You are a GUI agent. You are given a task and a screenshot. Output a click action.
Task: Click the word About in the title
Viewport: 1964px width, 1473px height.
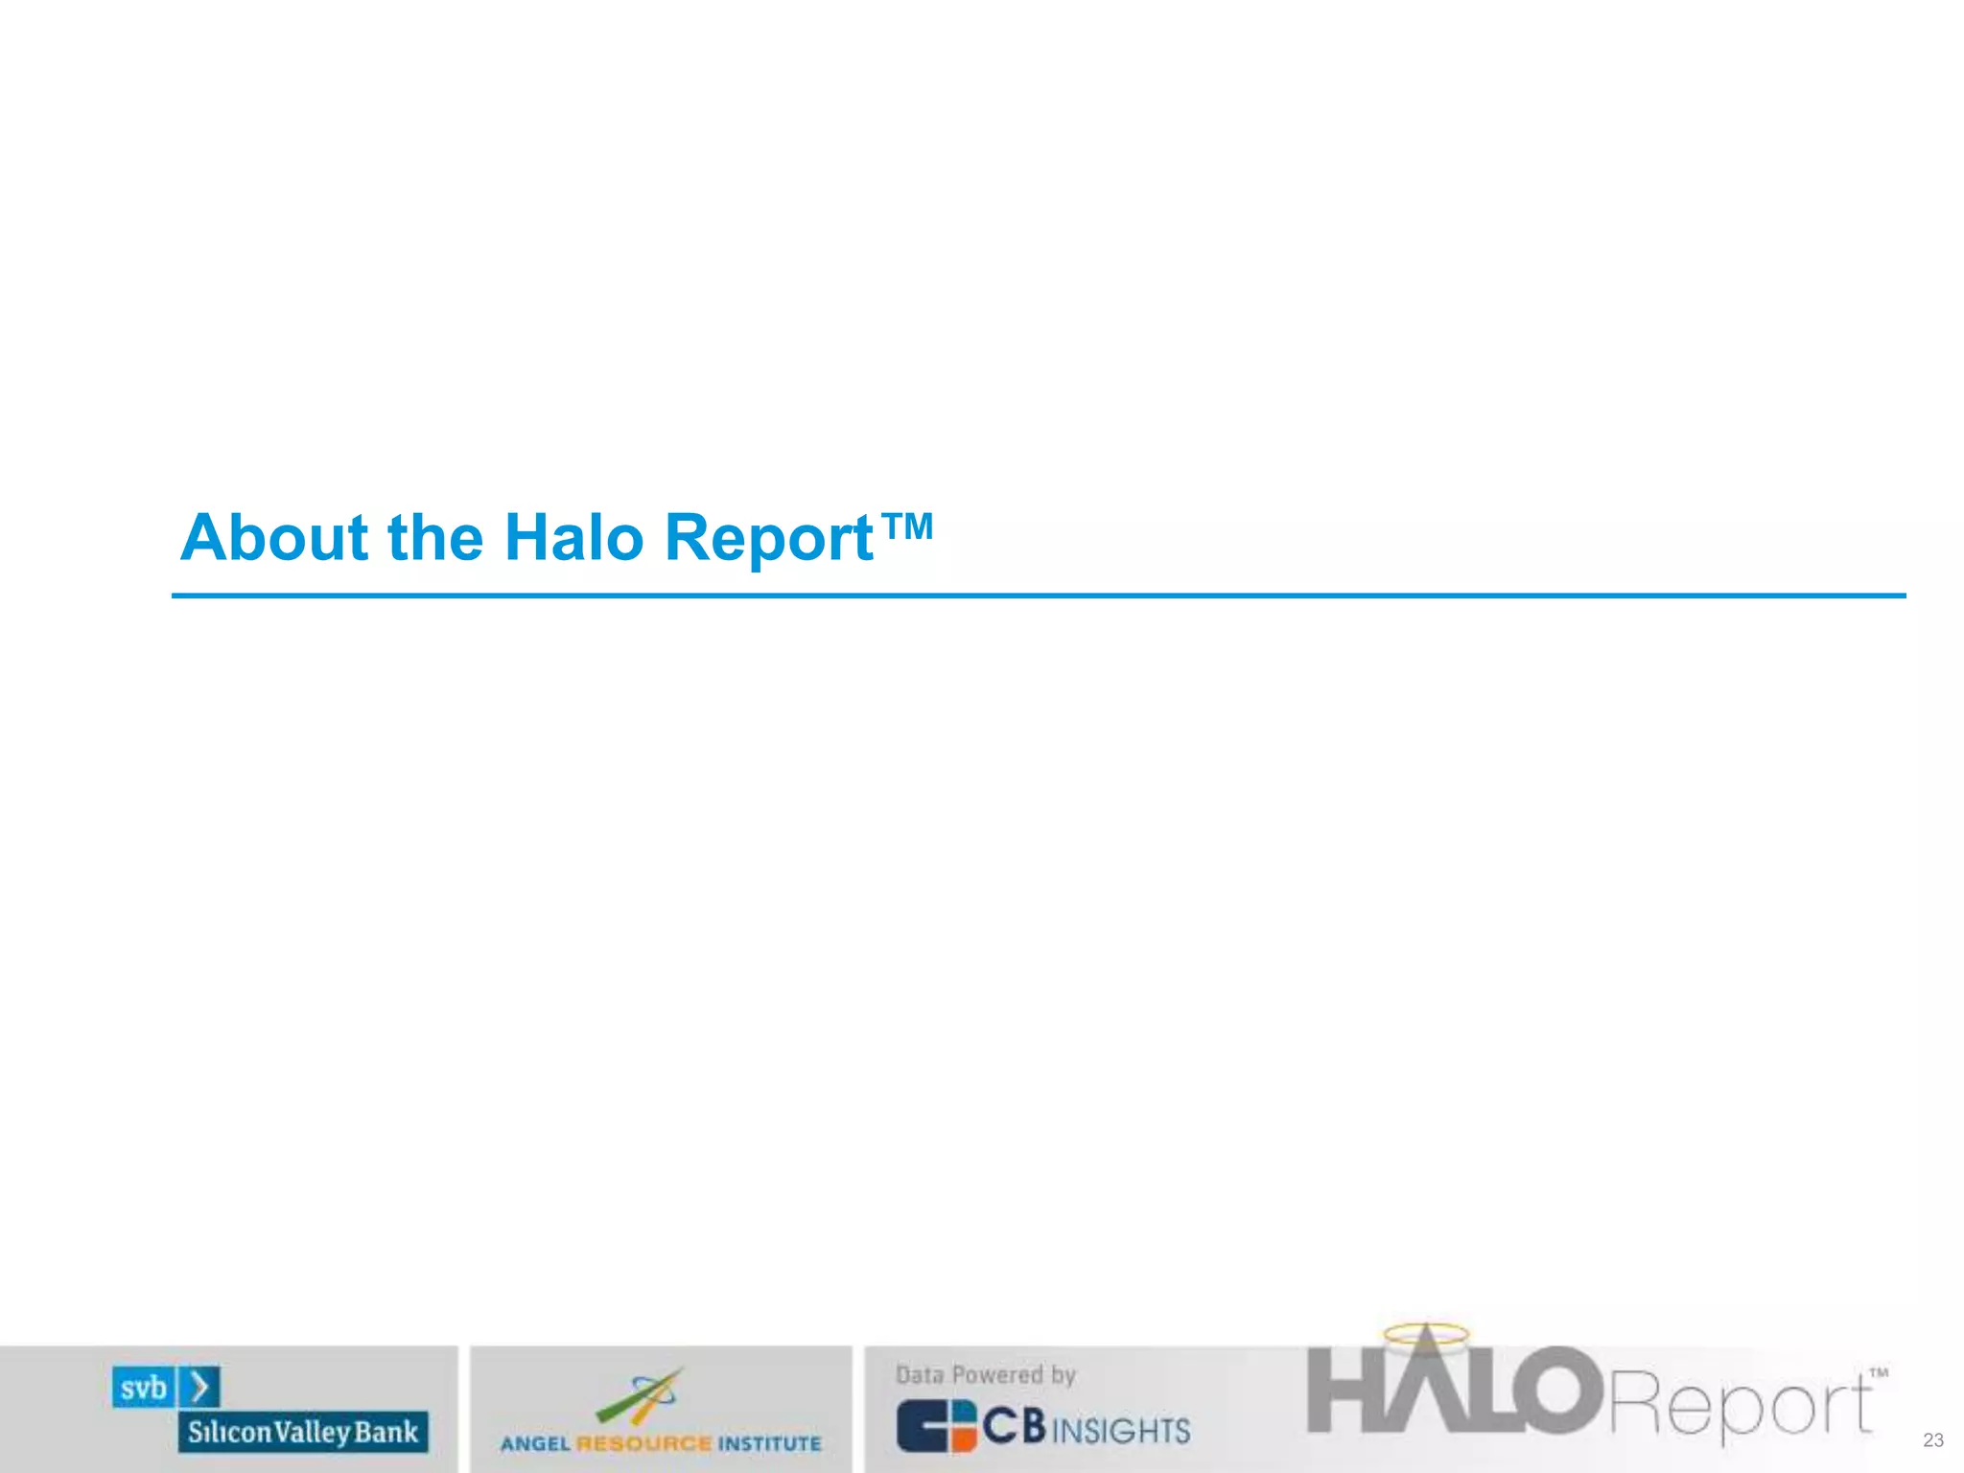point(274,538)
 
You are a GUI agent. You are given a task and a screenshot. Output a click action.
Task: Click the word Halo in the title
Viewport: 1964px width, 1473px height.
point(573,538)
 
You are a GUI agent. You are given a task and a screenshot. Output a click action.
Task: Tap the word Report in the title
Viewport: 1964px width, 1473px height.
point(768,538)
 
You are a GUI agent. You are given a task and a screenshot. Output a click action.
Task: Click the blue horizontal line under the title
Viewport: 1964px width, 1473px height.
point(1038,596)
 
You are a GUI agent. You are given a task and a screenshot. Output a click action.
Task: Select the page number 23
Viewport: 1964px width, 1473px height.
point(1932,1440)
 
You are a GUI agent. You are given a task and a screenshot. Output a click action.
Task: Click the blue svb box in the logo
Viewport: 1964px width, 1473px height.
point(144,1388)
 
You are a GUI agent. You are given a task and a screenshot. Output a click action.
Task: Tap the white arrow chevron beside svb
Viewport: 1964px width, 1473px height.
point(200,1388)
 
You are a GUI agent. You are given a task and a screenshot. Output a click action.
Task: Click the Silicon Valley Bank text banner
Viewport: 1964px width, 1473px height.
point(303,1432)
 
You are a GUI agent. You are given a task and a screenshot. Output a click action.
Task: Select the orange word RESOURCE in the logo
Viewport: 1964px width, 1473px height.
point(643,1443)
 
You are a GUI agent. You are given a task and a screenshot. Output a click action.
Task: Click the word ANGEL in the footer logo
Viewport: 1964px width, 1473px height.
point(535,1443)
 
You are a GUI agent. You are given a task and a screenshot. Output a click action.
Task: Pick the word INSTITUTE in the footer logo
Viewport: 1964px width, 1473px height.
point(770,1443)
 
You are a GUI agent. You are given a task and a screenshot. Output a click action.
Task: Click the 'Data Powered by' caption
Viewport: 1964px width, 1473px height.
point(985,1375)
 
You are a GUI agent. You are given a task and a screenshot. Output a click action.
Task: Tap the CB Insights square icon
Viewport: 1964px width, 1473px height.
point(936,1426)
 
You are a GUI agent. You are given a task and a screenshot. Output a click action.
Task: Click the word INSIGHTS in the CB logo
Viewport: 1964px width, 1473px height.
point(1121,1431)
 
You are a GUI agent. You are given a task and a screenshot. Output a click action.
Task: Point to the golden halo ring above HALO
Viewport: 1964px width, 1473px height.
point(1426,1333)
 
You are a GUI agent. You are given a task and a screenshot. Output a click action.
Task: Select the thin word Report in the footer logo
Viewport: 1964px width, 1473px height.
point(1740,1405)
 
